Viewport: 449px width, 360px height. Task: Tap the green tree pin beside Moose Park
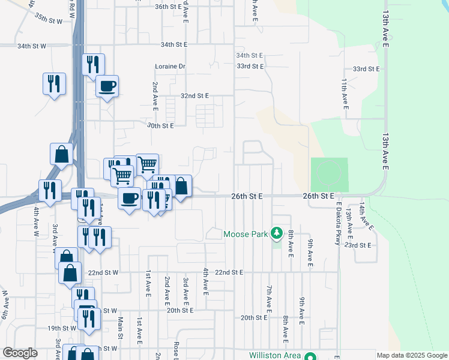[277, 232]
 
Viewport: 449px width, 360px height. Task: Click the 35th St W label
[49, 20]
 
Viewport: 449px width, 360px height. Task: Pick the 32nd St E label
[194, 96]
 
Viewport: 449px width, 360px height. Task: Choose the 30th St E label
[160, 126]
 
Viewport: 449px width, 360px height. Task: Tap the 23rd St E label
[359, 245]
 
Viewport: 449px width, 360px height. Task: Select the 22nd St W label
[104, 272]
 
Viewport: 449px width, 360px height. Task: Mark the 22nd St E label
[229, 272]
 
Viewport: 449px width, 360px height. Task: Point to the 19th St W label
[62, 328]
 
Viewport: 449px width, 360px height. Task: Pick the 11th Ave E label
[345, 93]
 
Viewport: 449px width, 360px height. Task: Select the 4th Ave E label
[205, 281]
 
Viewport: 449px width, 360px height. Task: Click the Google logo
[20, 353]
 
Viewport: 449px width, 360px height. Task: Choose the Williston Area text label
[275, 356]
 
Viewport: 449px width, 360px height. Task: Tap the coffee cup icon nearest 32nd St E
[107, 86]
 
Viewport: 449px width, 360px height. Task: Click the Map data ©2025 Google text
[411, 355]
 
